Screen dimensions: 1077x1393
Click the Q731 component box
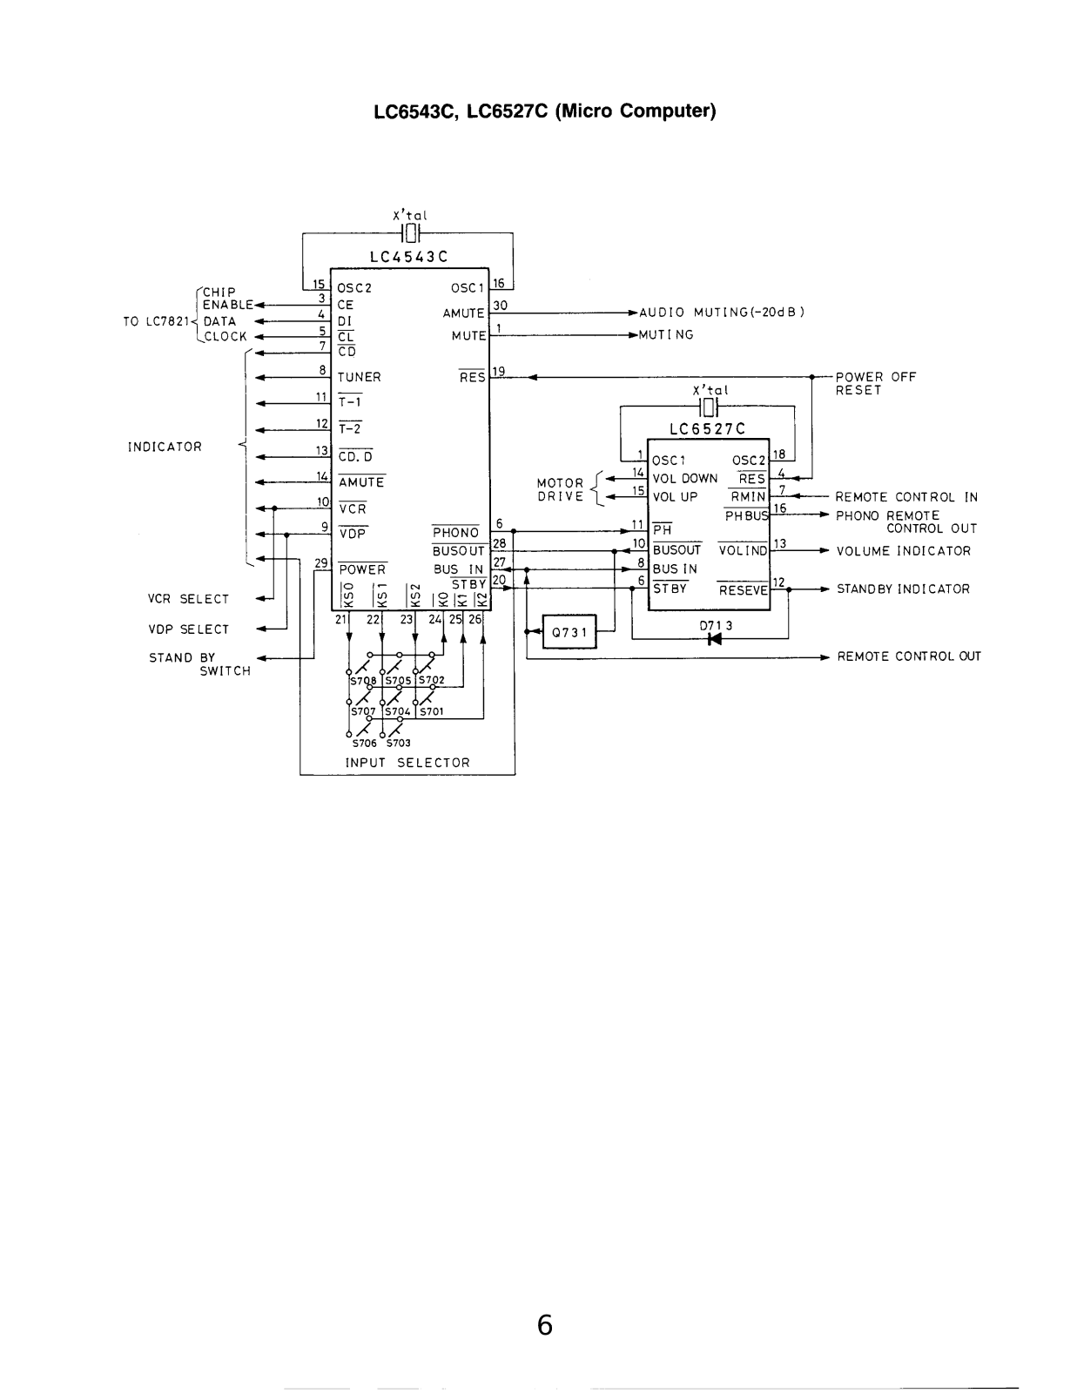(x=569, y=632)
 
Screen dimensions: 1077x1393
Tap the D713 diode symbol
(x=714, y=638)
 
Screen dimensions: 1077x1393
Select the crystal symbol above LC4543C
(x=410, y=232)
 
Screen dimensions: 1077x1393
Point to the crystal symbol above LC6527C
(x=709, y=407)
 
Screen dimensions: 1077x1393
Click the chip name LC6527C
(x=707, y=429)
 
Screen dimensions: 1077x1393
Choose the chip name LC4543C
(x=408, y=257)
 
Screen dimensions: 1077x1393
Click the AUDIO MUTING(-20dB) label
(x=722, y=313)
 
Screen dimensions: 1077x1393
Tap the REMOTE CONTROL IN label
(x=906, y=497)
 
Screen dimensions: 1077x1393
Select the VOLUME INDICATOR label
(x=903, y=550)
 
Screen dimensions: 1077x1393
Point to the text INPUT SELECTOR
(x=407, y=762)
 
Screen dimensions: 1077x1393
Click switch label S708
(x=363, y=680)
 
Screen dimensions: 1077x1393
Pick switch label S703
(x=398, y=743)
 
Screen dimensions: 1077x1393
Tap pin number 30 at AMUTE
(x=500, y=305)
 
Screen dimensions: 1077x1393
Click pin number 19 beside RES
(x=498, y=371)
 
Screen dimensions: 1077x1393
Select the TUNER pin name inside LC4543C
(x=359, y=377)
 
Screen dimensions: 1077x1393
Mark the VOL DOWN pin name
(x=684, y=478)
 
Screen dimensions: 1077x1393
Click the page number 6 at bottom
(x=544, y=1325)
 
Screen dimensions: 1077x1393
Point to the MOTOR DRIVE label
(x=561, y=489)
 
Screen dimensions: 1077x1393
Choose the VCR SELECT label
(x=188, y=599)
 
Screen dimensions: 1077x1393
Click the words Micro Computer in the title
(x=636, y=111)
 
